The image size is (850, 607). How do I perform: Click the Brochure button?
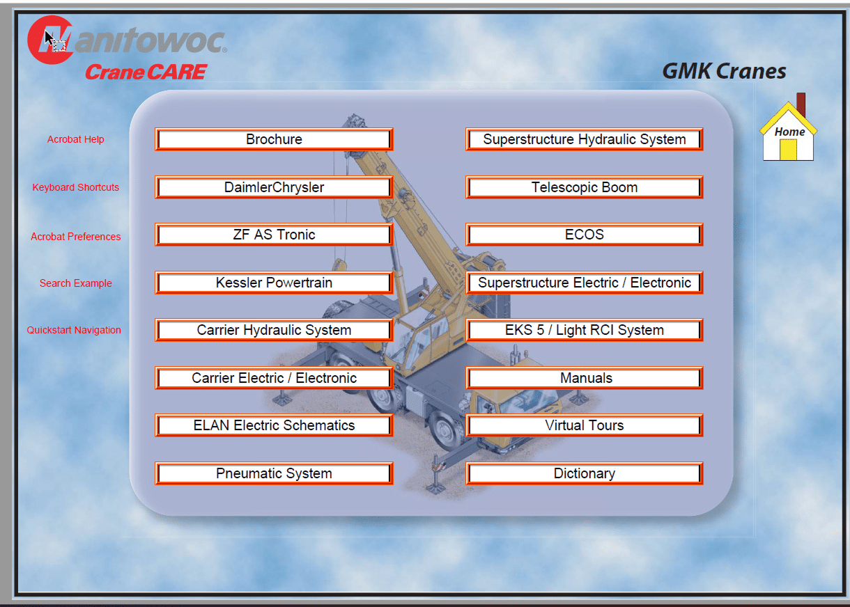pos(274,139)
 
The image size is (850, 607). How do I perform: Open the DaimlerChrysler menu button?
pos(274,187)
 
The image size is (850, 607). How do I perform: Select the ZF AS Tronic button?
pos(274,235)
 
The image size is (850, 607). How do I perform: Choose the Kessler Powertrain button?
pos(274,283)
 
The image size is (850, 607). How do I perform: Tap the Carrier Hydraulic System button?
pos(274,330)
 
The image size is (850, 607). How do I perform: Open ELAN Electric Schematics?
pos(274,425)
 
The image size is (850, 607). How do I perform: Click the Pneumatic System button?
pos(274,473)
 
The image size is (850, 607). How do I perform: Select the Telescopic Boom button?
pos(585,187)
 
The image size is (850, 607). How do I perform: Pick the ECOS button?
pos(585,235)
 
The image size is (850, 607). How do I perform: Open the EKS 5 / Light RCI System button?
pos(585,330)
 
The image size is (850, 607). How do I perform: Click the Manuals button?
pos(585,377)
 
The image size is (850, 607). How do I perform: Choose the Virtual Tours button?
pos(585,425)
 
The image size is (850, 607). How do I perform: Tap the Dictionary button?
pos(585,473)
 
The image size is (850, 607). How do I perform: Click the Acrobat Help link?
pos(75,139)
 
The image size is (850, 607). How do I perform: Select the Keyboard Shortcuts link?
pos(75,187)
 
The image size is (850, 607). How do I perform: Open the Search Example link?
pos(75,283)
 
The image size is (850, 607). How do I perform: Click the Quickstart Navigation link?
pos(74,330)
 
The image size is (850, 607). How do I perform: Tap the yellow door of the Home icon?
pos(788,150)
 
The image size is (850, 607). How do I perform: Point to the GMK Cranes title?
pos(724,71)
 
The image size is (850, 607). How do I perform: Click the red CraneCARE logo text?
pos(146,72)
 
